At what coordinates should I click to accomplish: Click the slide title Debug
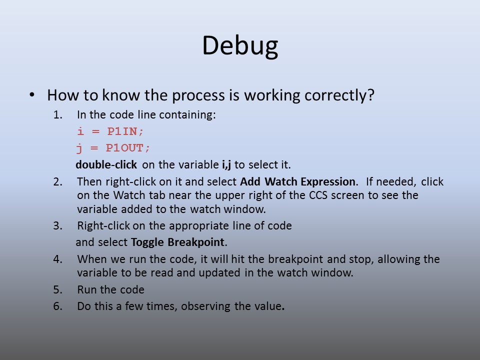click(240, 46)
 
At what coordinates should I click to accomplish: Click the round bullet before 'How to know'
click(32, 94)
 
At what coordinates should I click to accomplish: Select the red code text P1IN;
click(125, 131)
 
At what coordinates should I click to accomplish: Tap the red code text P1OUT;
click(128, 148)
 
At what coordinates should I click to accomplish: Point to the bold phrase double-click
click(106, 164)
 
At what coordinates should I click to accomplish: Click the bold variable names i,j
click(226, 164)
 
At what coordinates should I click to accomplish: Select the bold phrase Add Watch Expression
click(297, 182)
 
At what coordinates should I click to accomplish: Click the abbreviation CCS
click(318, 195)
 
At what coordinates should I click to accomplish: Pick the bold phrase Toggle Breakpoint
click(178, 242)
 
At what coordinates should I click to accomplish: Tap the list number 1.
click(57, 115)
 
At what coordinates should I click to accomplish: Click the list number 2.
click(57, 182)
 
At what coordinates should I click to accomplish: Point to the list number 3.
click(57, 225)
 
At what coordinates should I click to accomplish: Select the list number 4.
click(57, 259)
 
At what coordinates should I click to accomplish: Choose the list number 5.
click(57, 289)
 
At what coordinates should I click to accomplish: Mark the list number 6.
click(57, 306)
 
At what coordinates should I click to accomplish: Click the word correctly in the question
click(339, 95)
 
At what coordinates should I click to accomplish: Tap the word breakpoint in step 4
click(295, 259)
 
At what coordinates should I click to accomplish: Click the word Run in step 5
click(87, 289)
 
